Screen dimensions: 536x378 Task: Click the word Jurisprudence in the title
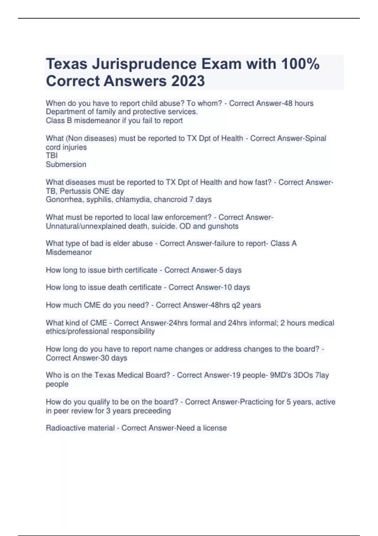coord(144,64)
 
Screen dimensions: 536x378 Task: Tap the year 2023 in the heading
coord(188,81)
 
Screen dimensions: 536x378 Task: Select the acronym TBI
coord(52,155)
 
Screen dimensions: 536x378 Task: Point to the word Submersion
coord(66,164)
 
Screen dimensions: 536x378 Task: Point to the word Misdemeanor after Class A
coord(69,252)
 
